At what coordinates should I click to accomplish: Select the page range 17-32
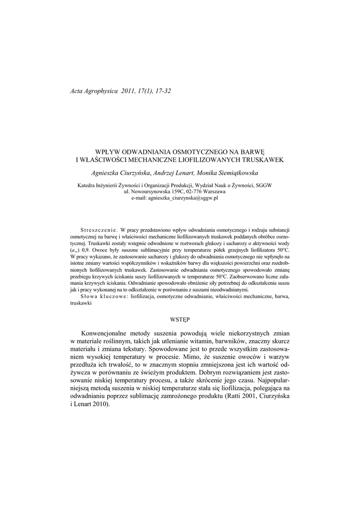click(162, 91)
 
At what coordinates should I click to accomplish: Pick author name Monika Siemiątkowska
click(232, 173)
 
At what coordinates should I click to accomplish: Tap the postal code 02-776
click(191, 191)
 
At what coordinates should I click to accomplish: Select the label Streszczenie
click(98, 231)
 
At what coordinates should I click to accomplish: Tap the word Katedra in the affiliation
click(88, 186)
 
